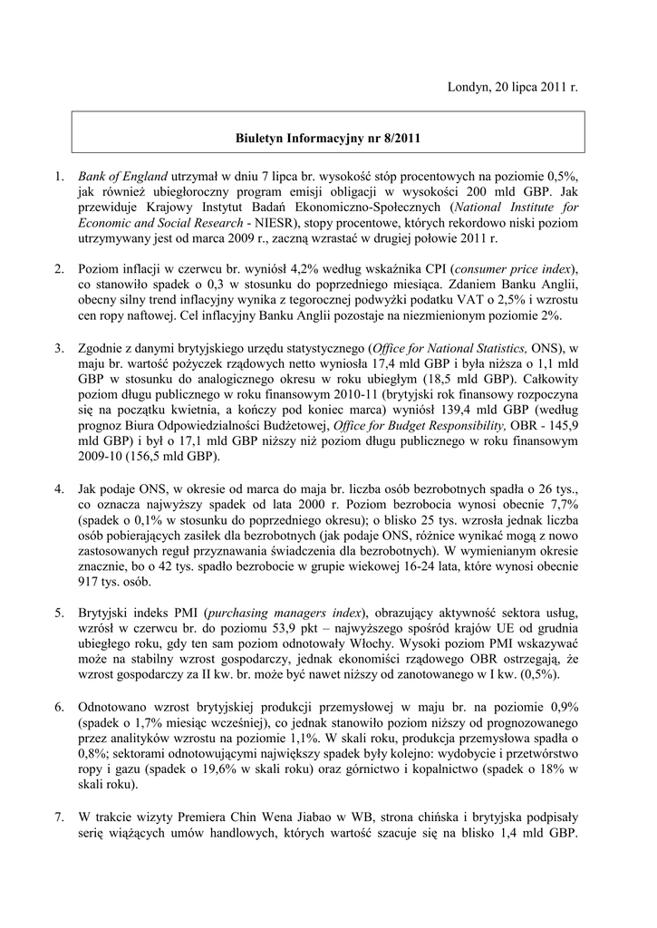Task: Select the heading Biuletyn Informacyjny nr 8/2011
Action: click(x=328, y=140)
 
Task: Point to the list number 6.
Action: click(x=59, y=706)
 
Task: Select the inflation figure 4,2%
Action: click(x=287, y=270)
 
